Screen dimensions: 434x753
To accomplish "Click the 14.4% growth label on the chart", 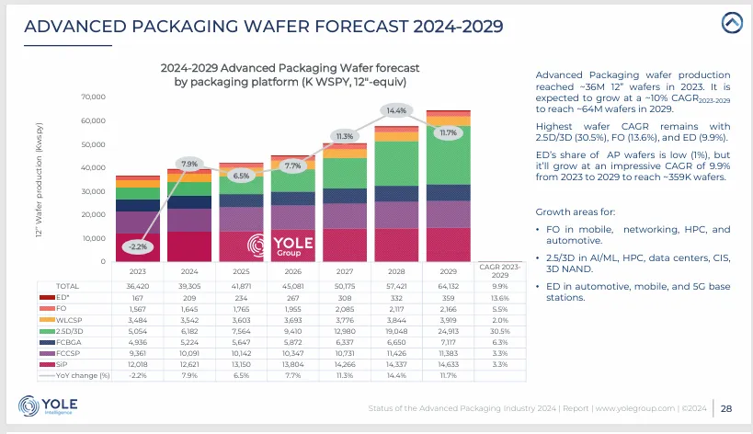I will coord(396,110).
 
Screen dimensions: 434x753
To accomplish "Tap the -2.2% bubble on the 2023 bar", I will coord(136,246).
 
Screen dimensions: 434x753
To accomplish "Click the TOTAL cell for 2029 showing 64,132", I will coord(448,286).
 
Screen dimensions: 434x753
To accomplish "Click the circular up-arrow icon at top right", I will coord(731,22).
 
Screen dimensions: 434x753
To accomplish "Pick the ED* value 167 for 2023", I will coord(137,298).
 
